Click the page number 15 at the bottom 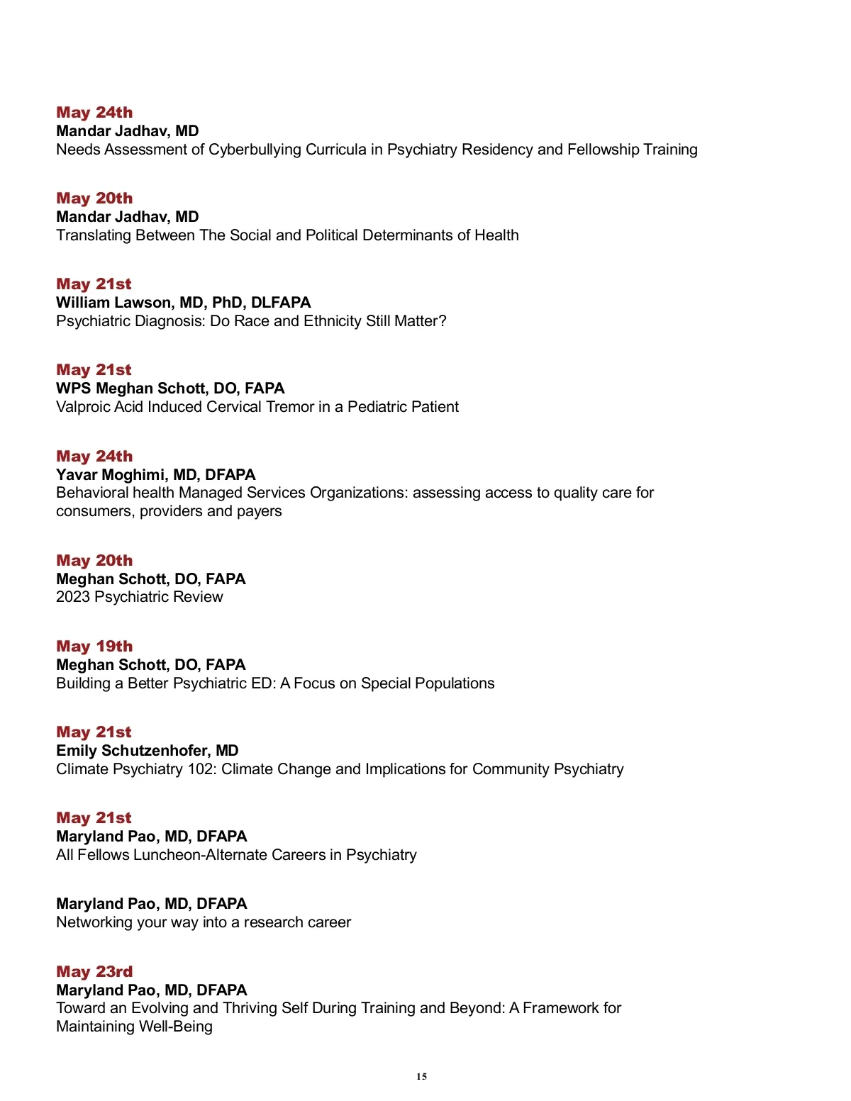422,1076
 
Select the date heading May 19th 94,647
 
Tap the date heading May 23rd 94,972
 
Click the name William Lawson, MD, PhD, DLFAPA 183,303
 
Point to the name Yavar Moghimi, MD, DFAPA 155,475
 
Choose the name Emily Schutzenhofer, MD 147,751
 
